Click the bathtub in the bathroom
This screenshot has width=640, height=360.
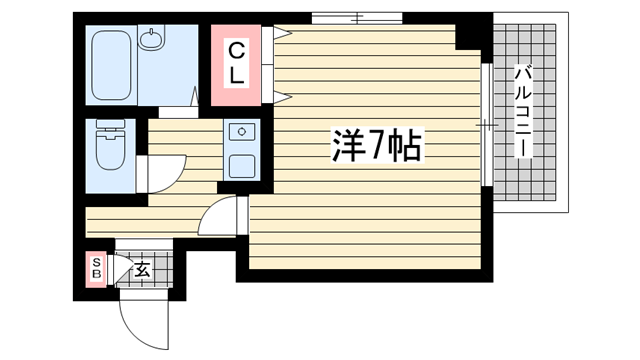(x=111, y=65)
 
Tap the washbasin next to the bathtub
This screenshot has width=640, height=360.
(x=152, y=38)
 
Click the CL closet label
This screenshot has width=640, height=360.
(x=236, y=64)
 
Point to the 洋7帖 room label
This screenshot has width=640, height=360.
(x=377, y=146)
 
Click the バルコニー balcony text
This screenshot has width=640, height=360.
(x=524, y=111)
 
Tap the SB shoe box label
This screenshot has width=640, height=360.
(x=97, y=268)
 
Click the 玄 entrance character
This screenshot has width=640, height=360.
(x=142, y=269)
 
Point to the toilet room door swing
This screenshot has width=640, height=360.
(x=162, y=174)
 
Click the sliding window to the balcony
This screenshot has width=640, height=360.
(x=487, y=124)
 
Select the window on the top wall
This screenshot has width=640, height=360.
(x=357, y=18)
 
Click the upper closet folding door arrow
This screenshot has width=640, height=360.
(x=282, y=33)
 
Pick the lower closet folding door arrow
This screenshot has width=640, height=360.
(x=282, y=97)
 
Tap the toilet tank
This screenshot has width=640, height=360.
(x=111, y=124)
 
